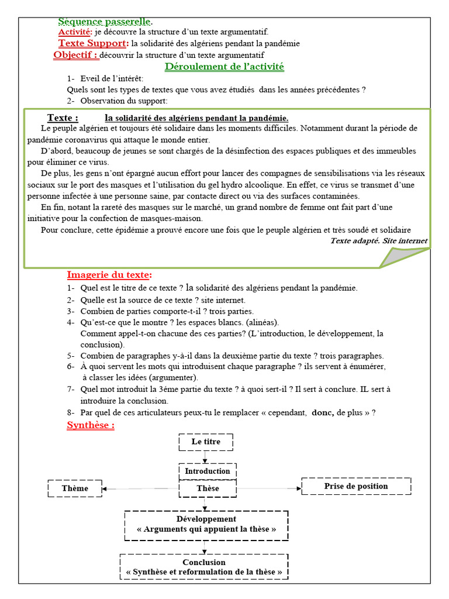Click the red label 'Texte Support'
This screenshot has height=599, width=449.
click(x=92, y=43)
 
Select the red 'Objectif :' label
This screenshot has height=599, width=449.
click(x=76, y=55)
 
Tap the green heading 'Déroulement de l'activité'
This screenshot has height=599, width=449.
click(x=224, y=67)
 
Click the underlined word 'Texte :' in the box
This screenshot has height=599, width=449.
click(x=63, y=118)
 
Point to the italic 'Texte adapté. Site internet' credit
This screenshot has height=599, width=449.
click(x=378, y=240)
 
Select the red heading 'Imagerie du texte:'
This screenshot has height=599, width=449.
click(x=109, y=275)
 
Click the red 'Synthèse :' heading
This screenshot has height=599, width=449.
click(x=91, y=425)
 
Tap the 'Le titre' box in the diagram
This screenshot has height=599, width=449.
click(x=206, y=442)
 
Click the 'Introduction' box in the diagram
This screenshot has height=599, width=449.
click(x=208, y=471)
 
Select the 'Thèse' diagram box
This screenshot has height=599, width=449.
click(x=208, y=488)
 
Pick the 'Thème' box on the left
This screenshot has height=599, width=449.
click(x=75, y=488)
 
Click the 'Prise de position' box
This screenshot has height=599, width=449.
click(x=356, y=486)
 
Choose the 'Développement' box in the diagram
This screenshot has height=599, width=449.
click(x=206, y=524)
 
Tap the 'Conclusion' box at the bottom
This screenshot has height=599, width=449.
click(x=204, y=567)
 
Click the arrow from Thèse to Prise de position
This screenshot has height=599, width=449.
click(x=269, y=488)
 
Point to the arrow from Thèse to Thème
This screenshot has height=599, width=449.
click(x=140, y=488)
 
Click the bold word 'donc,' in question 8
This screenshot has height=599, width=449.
click(x=323, y=412)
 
